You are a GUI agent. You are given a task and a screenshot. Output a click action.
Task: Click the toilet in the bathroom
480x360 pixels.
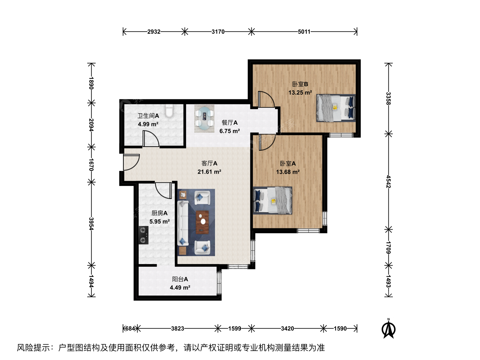169,111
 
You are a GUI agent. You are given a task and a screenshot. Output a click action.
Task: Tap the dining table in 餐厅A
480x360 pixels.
204,118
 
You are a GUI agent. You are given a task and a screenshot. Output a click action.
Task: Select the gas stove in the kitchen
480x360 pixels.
143,235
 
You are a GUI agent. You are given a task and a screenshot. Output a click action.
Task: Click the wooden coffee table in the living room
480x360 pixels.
202,222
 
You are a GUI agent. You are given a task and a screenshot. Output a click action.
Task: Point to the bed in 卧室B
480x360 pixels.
336,108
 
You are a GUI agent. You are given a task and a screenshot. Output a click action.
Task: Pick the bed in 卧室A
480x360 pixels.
272,200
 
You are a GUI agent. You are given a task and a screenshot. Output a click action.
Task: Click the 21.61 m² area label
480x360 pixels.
209,172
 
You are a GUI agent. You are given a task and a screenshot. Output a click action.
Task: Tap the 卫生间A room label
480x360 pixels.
148,116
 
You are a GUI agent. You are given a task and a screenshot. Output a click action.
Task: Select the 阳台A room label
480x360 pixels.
180,279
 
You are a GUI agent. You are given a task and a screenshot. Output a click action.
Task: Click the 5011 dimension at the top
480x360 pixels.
304,32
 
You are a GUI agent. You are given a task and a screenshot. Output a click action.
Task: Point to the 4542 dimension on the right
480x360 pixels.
388,181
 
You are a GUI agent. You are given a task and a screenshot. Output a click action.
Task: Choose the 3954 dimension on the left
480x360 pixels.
91,224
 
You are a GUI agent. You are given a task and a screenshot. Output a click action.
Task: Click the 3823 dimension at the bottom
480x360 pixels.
177,329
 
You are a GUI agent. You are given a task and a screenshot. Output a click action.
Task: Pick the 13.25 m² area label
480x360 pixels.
300,93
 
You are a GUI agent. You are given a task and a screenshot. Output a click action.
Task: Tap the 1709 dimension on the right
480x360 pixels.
388,247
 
